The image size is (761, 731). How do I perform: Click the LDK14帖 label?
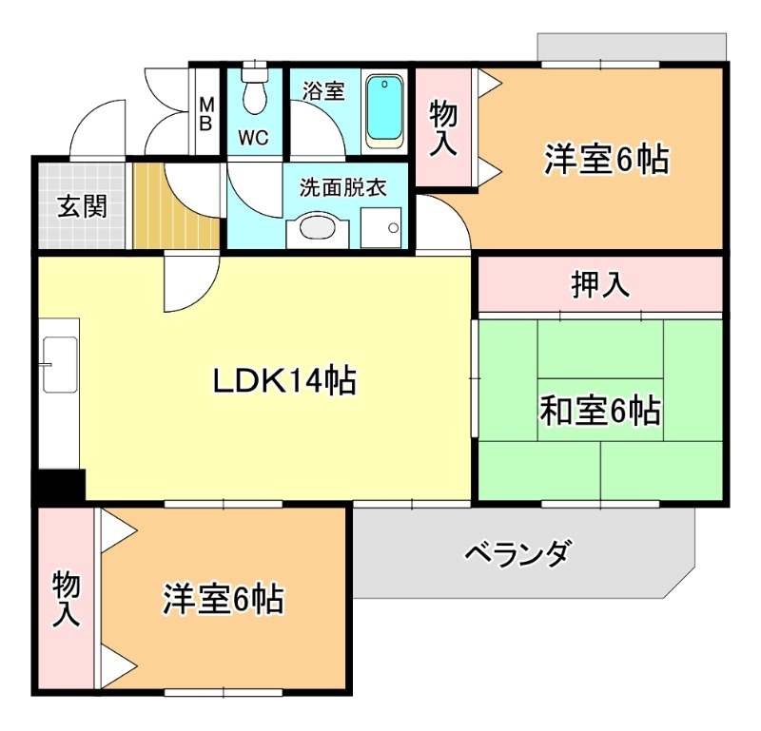click(x=284, y=380)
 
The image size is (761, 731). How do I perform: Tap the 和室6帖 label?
click(x=600, y=411)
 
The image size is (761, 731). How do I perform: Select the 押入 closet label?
click(x=601, y=284)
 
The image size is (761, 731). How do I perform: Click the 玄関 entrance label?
click(x=82, y=206)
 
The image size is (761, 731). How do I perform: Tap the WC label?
click(x=253, y=138)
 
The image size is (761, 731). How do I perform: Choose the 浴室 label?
click(x=323, y=90)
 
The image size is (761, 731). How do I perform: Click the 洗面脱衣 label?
click(x=342, y=187)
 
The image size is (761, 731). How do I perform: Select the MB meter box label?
click(x=206, y=114)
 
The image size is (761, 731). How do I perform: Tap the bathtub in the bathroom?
click(x=385, y=111)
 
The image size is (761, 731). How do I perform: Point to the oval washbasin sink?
click(x=318, y=226)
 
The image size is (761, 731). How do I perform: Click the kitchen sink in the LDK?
click(x=61, y=365)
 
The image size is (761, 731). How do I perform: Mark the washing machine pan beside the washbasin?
click(x=381, y=227)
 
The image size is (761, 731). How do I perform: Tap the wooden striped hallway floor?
click(x=176, y=206)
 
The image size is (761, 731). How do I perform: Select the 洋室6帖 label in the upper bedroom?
click(x=606, y=159)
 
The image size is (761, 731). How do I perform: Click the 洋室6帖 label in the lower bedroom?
click(x=224, y=599)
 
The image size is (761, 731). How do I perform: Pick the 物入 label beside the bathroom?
click(x=442, y=128)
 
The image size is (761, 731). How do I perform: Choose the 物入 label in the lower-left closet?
click(x=66, y=599)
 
